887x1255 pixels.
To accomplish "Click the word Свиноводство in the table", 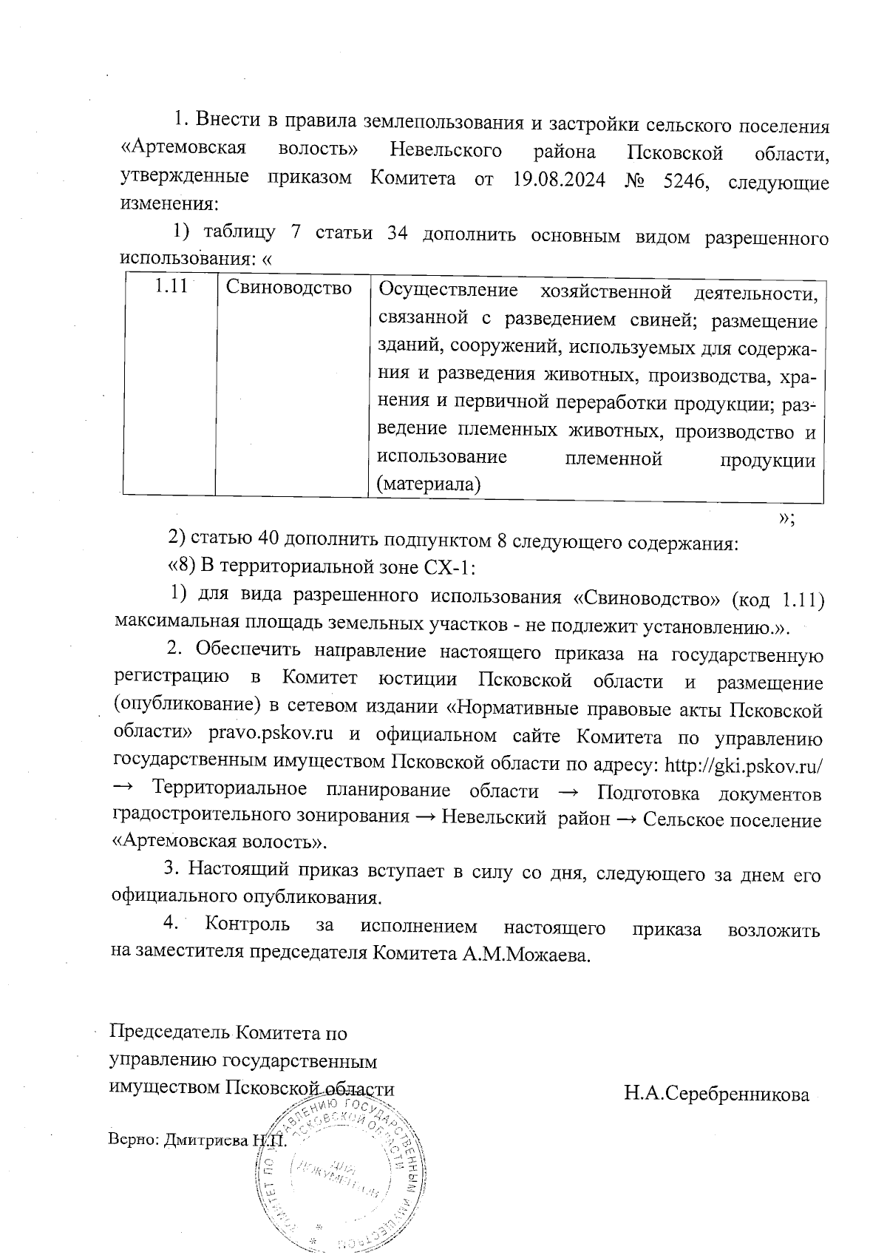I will (288, 288).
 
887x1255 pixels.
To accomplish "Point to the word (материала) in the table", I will (429, 484).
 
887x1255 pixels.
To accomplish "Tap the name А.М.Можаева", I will (526, 953).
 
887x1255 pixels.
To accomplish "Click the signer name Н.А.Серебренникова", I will (716, 1094).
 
